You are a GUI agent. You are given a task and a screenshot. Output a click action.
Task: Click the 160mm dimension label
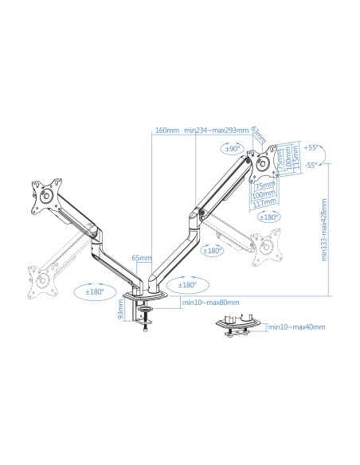(x=166, y=131)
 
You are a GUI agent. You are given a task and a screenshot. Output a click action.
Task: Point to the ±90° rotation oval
(x=233, y=148)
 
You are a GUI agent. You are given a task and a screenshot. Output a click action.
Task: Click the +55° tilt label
(x=311, y=147)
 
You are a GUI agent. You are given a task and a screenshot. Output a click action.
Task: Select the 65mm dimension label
(x=141, y=257)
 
